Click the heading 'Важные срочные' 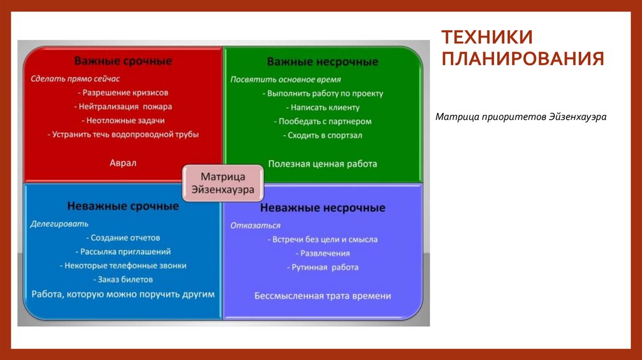(123, 61)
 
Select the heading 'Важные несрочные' (322, 62)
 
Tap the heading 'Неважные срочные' (123, 206)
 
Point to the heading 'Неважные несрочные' (322, 208)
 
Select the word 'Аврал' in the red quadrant (123, 163)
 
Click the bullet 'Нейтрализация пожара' (125, 107)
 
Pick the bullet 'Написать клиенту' (321, 107)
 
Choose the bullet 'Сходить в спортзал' (322, 135)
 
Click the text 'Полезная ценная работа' (322, 164)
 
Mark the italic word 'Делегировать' (60, 223)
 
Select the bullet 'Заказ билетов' (124, 279)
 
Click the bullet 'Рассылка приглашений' (125, 251)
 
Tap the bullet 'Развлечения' (325, 253)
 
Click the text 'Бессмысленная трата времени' (322, 296)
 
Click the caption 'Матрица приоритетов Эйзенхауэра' (521, 117)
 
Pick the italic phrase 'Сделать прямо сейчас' (75, 79)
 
